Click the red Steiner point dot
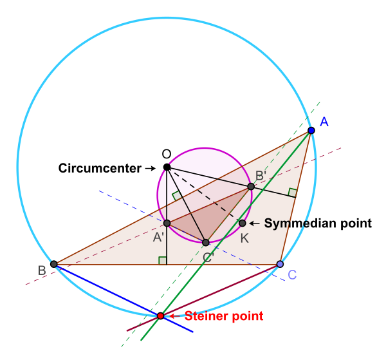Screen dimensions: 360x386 pyautogui.click(x=161, y=316)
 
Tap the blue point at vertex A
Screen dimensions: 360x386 pyautogui.click(x=311, y=131)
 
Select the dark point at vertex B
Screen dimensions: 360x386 pyautogui.click(x=54, y=264)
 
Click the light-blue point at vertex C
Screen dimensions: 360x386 pyautogui.click(x=280, y=264)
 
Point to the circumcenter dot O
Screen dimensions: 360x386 pyautogui.click(x=167, y=167)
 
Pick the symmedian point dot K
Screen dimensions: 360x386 pyautogui.click(x=243, y=223)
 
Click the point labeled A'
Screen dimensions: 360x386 pyautogui.click(x=167, y=223)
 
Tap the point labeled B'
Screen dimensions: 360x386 pyautogui.click(x=251, y=186)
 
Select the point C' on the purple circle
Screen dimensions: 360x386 pyautogui.click(x=205, y=243)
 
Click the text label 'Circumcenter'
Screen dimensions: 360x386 pyautogui.click(x=100, y=168)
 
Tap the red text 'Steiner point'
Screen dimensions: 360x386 pyautogui.click(x=224, y=316)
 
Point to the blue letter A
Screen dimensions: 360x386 pyautogui.click(x=324, y=122)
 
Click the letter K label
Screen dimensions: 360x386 pyautogui.click(x=245, y=238)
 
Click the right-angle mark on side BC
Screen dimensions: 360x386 pyautogui.click(x=163, y=260)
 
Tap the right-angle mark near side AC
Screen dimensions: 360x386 pyautogui.click(x=293, y=192)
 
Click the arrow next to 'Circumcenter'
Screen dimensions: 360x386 pyautogui.click(x=150, y=168)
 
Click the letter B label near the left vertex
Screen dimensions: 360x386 pyautogui.click(x=41, y=271)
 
